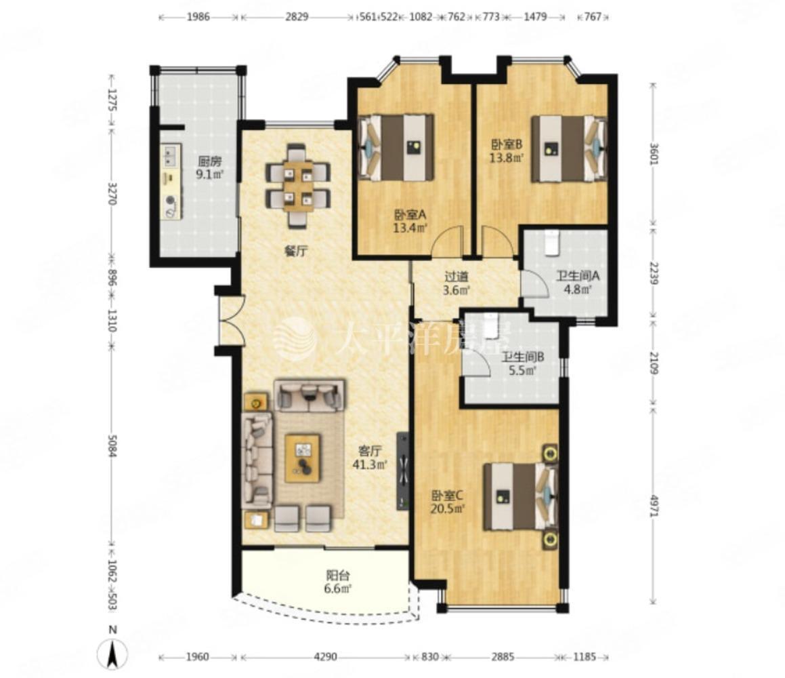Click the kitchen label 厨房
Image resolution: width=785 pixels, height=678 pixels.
[x=209, y=161]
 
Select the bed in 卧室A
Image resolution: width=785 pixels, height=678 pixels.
[x=396, y=147]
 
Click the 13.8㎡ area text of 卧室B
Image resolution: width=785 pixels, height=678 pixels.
[x=507, y=158]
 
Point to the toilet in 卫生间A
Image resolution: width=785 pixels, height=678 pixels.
[x=551, y=243]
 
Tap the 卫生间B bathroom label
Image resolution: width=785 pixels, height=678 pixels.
[x=523, y=357]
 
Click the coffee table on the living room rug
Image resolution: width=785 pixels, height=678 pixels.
[x=302, y=458]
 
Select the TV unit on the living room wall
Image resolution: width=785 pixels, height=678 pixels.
[x=403, y=471]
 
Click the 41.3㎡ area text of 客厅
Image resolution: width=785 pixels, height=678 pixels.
[x=370, y=464]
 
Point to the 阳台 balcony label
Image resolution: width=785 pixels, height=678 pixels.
[x=338, y=575]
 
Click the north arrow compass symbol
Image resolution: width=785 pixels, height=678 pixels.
[x=114, y=653]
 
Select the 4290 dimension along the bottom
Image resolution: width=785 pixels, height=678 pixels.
[x=325, y=656]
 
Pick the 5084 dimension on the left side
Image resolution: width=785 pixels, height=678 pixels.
[x=112, y=445]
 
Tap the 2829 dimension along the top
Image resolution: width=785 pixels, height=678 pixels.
[x=297, y=16]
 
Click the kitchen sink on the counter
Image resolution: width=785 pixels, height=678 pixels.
[x=170, y=155]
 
